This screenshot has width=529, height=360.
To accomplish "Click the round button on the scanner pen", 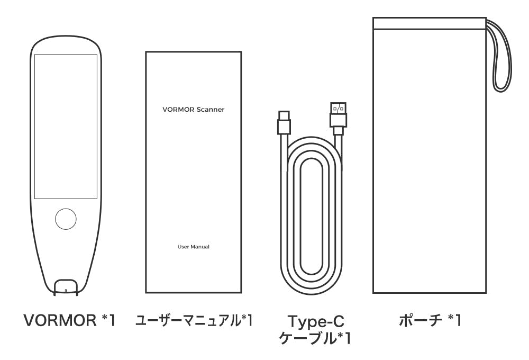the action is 66,219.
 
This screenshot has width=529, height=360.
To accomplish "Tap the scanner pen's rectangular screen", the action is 66,127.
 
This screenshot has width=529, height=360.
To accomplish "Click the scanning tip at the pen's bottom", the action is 66,287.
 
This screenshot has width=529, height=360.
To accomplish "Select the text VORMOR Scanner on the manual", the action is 193,110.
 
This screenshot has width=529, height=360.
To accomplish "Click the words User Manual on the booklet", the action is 193,247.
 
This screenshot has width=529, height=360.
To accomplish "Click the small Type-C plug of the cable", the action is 284,122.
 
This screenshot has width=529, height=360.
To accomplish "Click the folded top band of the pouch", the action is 430,23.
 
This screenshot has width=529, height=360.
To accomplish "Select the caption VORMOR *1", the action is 70,320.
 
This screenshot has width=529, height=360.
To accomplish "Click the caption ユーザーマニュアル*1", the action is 194,320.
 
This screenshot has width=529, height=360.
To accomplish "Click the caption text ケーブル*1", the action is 315,338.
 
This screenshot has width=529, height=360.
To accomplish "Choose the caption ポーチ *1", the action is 430,320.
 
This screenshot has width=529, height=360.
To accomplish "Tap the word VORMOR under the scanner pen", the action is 60,320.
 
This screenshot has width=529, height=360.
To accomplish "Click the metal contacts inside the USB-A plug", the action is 338,109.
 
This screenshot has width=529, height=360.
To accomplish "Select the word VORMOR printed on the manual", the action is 178,110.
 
